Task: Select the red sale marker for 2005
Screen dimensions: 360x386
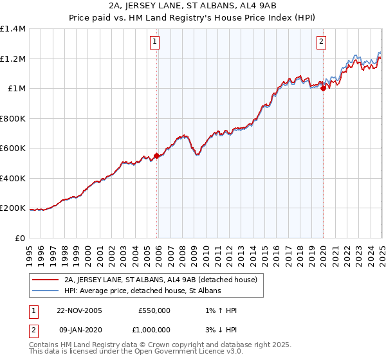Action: [157, 156]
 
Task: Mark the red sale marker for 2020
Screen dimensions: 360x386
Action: [323, 89]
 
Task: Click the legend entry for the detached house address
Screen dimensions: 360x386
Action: [160, 280]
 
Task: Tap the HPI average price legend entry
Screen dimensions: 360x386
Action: [142, 291]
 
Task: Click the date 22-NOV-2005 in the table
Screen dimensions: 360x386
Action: [80, 310]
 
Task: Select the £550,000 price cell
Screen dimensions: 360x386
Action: [154, 310]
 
